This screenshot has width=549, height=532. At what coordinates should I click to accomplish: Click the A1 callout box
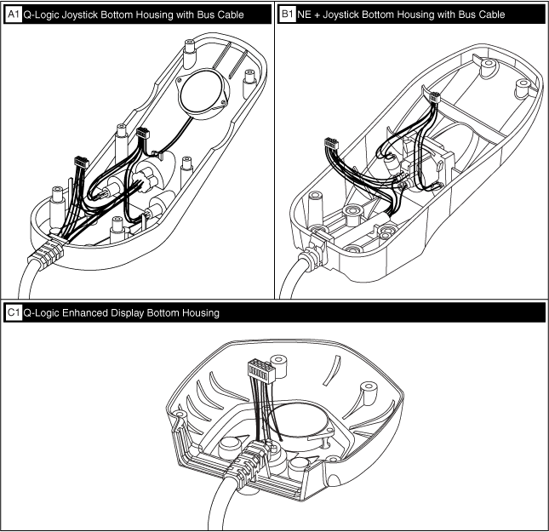13,14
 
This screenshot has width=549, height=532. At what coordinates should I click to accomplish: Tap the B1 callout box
287,14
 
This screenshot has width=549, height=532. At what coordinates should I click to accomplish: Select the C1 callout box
13,313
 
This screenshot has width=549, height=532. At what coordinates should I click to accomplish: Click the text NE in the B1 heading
304,14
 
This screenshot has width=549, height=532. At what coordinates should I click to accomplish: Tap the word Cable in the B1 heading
488,14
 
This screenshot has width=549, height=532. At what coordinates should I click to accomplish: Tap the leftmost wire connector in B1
329,144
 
